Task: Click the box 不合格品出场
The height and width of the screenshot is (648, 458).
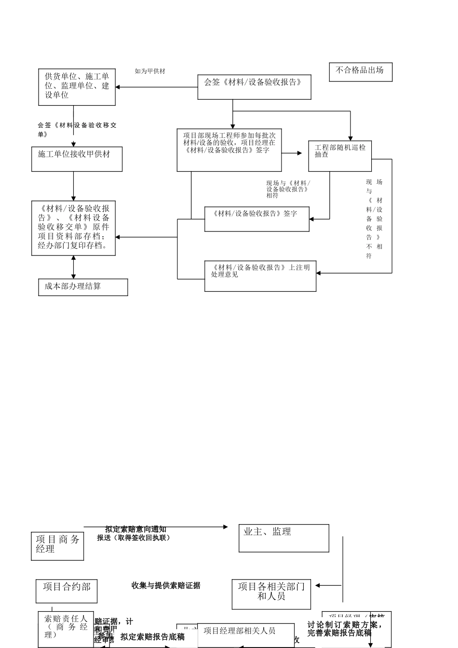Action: tap(360, 72)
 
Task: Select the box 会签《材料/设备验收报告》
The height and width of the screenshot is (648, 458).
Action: tap(254, 87)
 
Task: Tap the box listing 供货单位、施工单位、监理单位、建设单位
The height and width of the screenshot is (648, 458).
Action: tap(77, 87)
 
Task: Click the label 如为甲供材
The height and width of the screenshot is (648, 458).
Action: tap(150, 71)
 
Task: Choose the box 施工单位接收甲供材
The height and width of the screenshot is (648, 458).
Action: tap(77, 159)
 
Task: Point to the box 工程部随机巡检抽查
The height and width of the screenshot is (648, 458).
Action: tap(340, 156)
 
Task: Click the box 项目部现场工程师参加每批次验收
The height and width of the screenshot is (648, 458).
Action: tap(229, 150)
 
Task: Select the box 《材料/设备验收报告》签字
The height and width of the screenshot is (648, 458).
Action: tap(256, 219)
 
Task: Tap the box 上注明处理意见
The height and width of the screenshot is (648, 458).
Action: tap(260, 276)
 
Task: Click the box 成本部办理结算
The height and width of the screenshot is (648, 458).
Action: tap(83, 287)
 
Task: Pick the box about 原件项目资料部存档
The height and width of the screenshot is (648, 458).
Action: tap(73, 228)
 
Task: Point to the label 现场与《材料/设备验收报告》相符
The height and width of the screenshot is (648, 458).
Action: tap(288, 189)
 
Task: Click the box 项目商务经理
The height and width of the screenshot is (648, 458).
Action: tap(57, 546)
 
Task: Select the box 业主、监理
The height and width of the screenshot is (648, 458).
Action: tap(283, 538)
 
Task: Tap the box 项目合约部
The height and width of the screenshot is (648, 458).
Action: tap(67, 591)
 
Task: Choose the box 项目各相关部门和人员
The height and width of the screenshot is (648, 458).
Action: tap(271, 594)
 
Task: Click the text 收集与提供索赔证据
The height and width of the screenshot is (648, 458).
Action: tap(166, 585)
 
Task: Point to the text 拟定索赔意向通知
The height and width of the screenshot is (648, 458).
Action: tap(136, 529)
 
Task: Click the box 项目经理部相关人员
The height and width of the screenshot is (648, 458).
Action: tap(245, 635)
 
